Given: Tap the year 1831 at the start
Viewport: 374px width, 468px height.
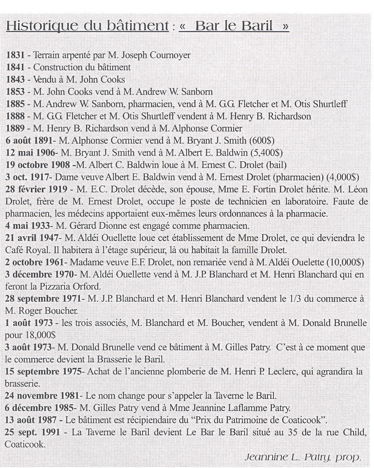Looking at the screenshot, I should [x=15, y=55].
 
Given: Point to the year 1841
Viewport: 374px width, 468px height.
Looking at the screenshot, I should [x=15, y=67].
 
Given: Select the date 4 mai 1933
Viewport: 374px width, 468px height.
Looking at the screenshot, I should [x=27, y=226].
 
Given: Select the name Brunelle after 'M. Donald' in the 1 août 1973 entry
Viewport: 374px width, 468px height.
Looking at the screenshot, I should [x=346, y=323].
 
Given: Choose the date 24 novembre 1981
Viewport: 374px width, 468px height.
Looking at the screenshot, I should [x=42, y=396].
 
